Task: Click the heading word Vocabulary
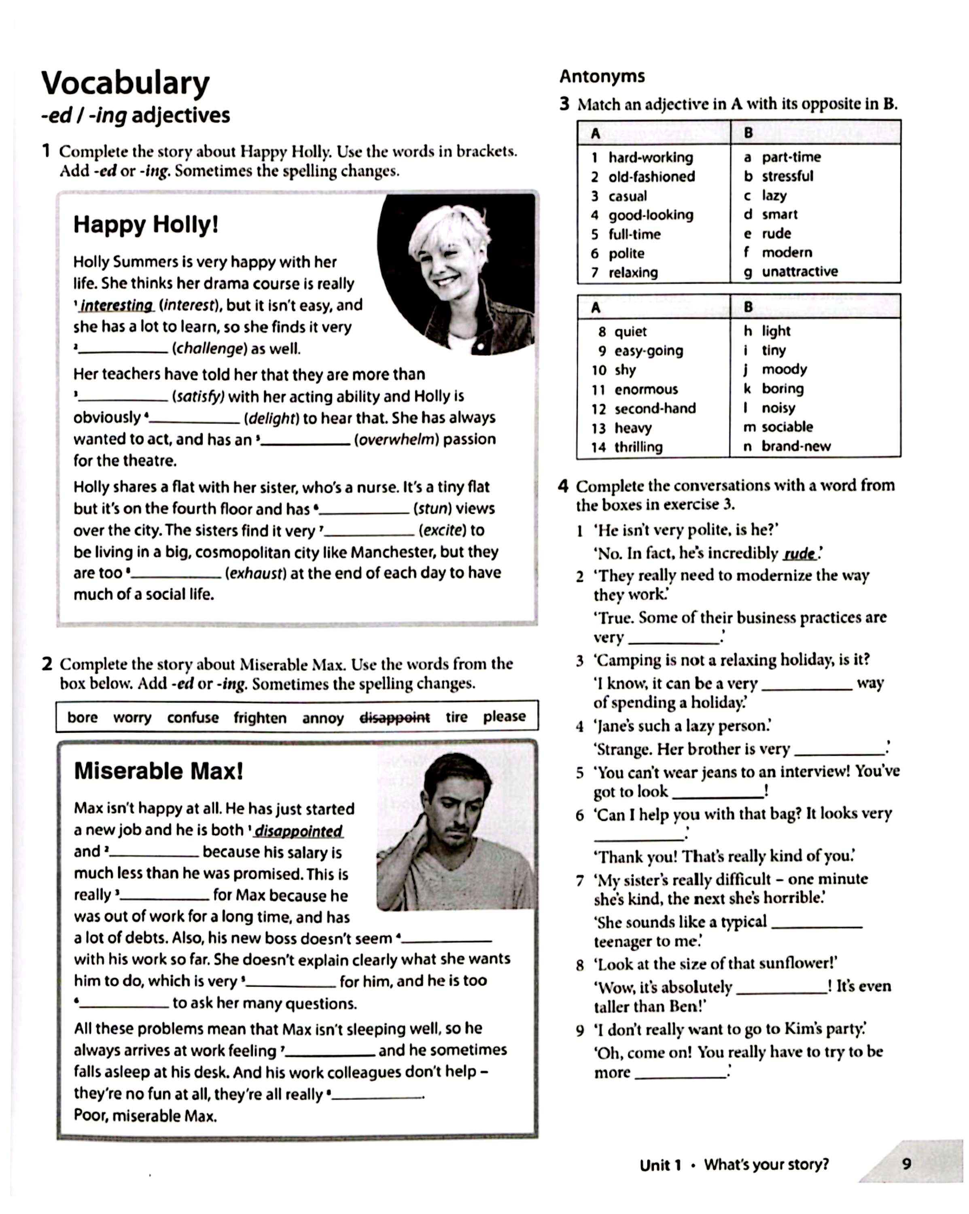click(x=125, y=83)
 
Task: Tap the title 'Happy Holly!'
click(x=146, y=225)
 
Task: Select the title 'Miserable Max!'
click(x=158, y=771)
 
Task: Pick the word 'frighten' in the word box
click(x=260, y=718)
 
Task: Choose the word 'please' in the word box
click(x=504, y=717)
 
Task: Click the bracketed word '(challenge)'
click(x=210, y=348)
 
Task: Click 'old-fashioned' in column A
click(x=651, y=177)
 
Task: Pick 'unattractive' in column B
click(x=799, y=272)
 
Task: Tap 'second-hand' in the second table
click(x=655, y=409)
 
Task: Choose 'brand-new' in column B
click(x=795, y=446)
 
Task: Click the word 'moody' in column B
click(x=785, y=369)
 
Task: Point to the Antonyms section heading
click(x=602, y=76)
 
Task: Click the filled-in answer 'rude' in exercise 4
click(x=799, y=554)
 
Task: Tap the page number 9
click(x=906, y=1164)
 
